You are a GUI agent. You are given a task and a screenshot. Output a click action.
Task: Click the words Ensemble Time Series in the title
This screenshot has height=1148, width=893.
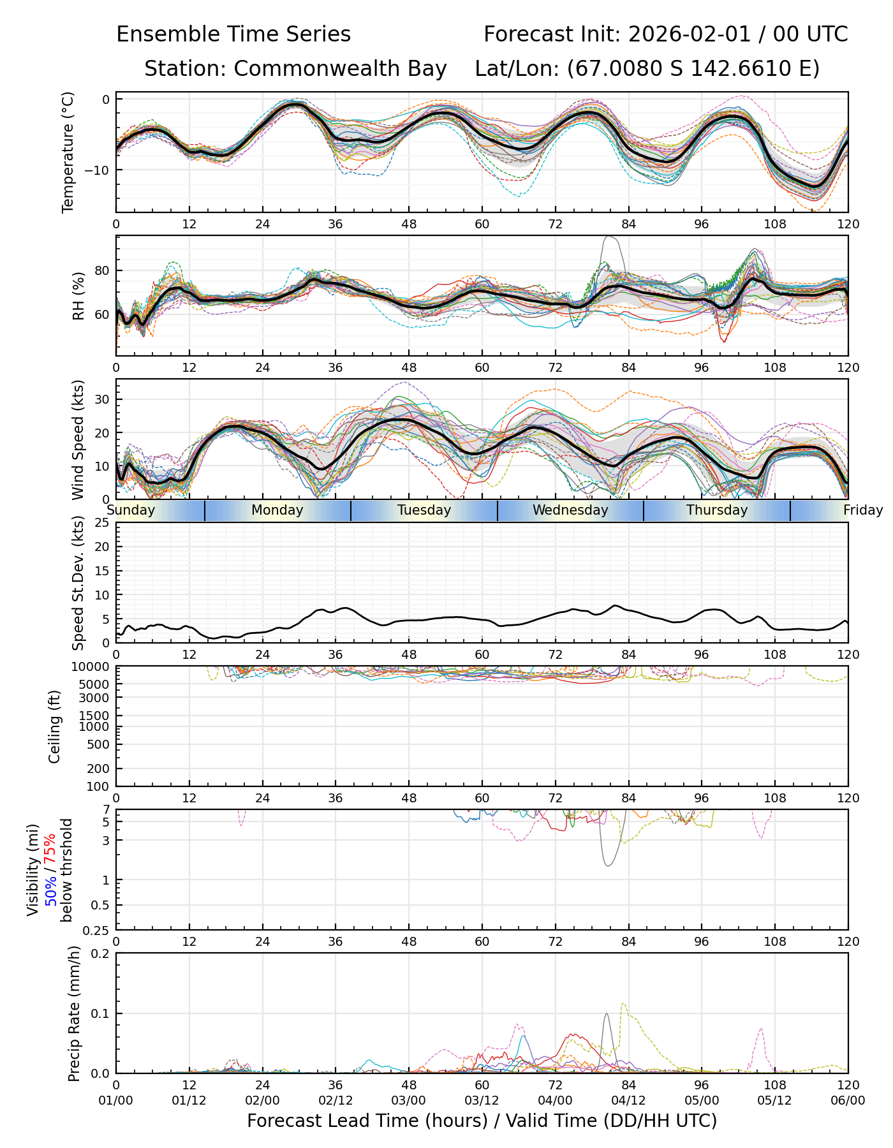tap(233, 34)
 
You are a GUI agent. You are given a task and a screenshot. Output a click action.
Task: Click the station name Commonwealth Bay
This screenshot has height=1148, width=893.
tap(340, 69)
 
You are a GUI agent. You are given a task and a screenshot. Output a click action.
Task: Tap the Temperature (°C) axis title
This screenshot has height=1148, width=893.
tap(68, 152)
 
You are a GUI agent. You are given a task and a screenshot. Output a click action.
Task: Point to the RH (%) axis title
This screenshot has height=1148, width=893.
tap(78, 296)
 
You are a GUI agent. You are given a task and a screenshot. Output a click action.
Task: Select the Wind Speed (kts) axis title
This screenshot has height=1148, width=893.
tap(78, 439)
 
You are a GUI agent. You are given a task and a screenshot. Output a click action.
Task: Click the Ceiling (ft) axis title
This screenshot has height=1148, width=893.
tap(55, 726)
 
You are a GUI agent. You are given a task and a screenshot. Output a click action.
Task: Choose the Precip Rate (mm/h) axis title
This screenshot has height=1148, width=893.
tap(74, 1013)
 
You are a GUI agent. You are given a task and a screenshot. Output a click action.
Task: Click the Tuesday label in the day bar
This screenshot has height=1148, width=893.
tap(424, 510)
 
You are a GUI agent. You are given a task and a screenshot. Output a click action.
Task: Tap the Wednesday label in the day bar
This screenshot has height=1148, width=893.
tap(570, 510)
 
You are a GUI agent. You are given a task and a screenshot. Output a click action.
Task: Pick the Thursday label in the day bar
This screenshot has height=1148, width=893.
tap(717, 510)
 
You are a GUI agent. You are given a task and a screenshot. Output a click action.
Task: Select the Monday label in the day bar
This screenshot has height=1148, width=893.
tap(277, 510)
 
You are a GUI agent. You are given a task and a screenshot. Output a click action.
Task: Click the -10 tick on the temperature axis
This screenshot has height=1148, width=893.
tap(99, 170)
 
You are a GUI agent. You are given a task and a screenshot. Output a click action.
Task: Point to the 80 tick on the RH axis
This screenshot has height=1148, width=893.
tap(102, 270)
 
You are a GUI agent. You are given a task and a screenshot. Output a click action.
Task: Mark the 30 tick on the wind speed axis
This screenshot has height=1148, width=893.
tap(102, 399)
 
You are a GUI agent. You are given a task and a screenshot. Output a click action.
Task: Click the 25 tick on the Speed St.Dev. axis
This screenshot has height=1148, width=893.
tap(102, 523)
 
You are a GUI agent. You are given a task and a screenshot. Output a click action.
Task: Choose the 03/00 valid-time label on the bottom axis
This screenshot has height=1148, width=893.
tap(409, 1101)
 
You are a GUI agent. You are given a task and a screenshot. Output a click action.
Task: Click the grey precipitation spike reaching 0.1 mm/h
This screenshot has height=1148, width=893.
tap(606, 1015)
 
